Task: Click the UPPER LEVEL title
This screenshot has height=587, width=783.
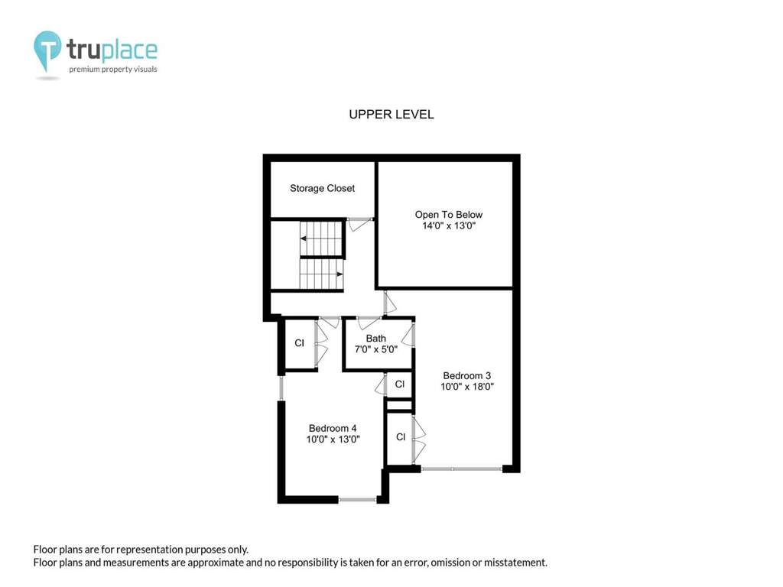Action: tap(391, 115)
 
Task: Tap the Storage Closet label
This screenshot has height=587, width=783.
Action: tap(322, 188)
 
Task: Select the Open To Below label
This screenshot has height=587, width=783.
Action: tap(448, 215)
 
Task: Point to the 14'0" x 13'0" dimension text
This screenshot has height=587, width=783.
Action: tap(448, 225)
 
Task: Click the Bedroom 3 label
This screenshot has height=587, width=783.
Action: tap(467, 375)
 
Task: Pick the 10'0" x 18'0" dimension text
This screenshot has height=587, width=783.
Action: tap(467, 386)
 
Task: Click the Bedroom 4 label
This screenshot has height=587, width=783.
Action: tap(333, 428)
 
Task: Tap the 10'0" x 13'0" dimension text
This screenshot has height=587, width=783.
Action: tap(333, 439)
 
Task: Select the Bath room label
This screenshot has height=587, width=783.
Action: tap(375, 339)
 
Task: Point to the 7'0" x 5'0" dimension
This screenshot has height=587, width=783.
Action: tap(375, 349)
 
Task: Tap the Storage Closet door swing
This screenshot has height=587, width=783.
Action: tap(359, 224)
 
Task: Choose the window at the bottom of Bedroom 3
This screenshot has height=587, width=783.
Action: tap(461, 469)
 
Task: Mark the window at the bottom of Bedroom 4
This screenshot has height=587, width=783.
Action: tap(358, 499)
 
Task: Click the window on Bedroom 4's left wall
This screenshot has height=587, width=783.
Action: tap(281, 388)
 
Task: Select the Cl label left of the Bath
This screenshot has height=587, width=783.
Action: tap(299, 343)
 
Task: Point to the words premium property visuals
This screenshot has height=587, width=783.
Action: tap(113, 70)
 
